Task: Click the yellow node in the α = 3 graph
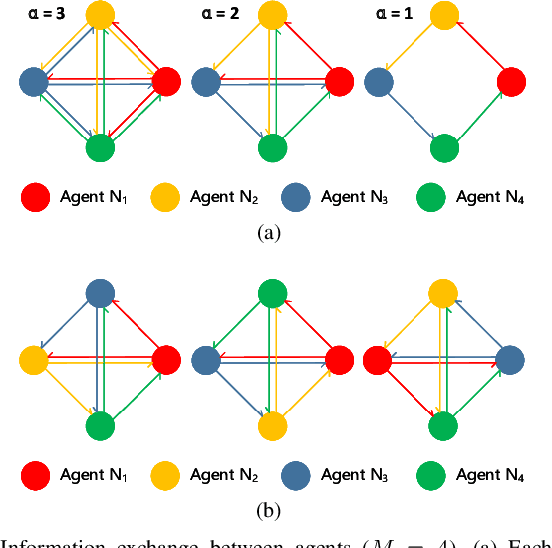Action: click(100, 14)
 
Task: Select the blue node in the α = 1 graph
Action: click(378, 82)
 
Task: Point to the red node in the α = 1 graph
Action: click(511, 82)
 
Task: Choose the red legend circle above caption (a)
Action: click(36, 197)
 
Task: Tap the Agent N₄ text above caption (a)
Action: click(489, 197)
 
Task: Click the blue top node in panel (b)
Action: click(100, 292)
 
